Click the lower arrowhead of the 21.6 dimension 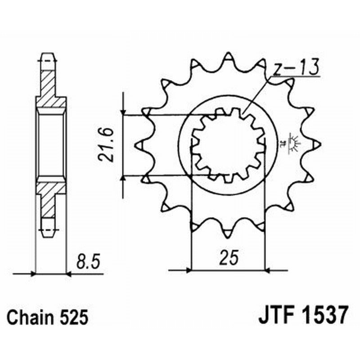[x=123, y=180]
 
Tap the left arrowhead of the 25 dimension [x=188, y=270]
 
